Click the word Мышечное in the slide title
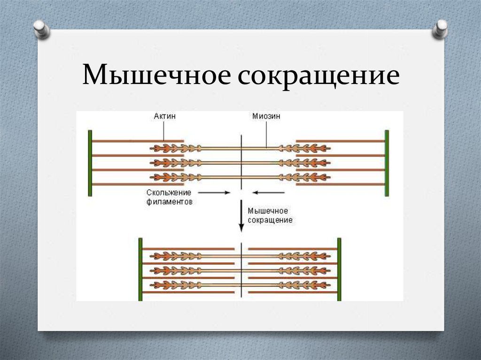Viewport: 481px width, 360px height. [x=156, y=76]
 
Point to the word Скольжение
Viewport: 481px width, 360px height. [x=168, y=193]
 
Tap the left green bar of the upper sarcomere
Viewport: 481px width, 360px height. [x=90, y=163]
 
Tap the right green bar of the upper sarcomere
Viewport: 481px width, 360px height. [x=387, y=163]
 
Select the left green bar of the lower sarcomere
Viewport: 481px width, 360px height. [x=140, y=269]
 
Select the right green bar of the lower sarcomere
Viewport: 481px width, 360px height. [x=339, y=269]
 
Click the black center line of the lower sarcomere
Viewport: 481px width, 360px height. [x=241, y=270]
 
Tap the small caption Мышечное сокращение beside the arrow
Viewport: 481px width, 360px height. [x=270, y=215]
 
